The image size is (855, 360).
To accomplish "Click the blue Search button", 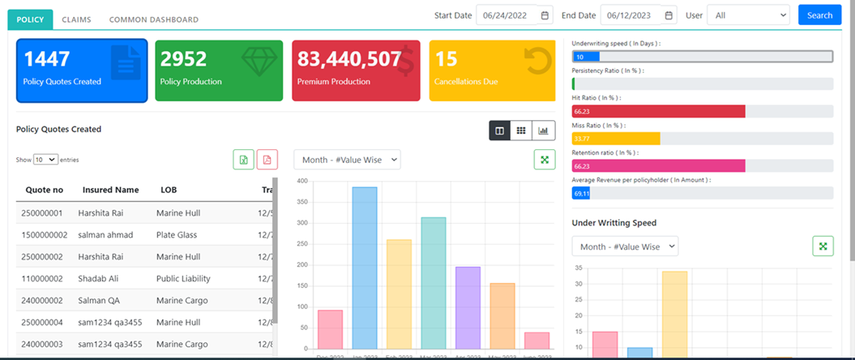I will click(x=819, y=15).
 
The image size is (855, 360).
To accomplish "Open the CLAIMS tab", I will click(x=76, y=19).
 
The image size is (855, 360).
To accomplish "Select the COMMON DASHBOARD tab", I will click(x=153, y=19).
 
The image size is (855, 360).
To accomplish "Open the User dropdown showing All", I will click(x=747, y=15).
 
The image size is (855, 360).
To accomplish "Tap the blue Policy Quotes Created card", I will click(x=82, y=71).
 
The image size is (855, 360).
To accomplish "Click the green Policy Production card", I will click(x=219, y=71).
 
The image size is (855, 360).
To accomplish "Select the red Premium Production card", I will click(x=356, y=71).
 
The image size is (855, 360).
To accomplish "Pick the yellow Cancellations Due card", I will click(x=493, y=71).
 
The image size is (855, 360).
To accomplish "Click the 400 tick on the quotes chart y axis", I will click(x=301, y=181).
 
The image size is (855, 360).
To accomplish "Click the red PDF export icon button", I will click(x=267, y=159).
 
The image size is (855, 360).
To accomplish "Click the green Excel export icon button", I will click(x=243, y=159).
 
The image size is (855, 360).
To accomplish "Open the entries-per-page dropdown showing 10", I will click(x=45, y=160).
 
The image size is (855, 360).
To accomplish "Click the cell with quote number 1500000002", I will click(x=45, y=235).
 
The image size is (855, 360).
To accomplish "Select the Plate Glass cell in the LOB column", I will click(x=177, y=235).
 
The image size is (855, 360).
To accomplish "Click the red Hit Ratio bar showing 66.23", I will click(x=658, y=111).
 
